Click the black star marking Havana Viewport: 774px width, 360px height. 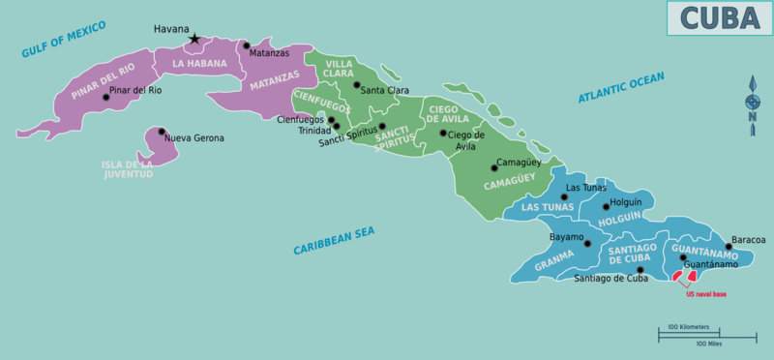194,40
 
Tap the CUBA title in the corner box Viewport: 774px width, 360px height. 718,17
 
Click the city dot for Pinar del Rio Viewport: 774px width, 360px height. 106,97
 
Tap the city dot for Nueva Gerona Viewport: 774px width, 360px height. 162,132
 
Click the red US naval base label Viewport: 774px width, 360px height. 705,293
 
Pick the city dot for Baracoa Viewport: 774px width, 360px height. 729,246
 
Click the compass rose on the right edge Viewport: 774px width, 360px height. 752,102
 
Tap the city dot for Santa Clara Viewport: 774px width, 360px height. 356,85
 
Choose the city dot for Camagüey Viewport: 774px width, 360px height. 494,167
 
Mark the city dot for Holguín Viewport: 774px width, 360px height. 607,206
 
